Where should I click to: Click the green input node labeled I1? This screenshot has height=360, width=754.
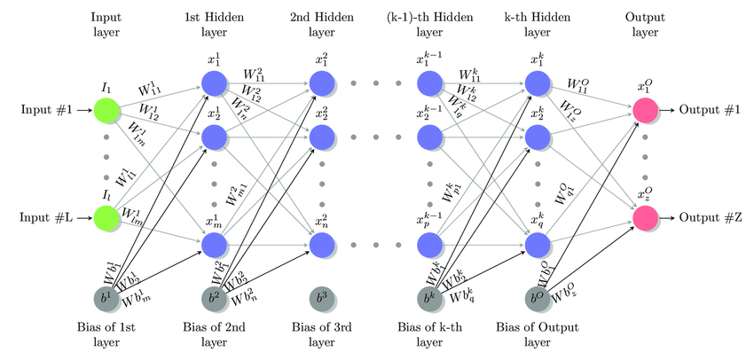[x=106, y=111]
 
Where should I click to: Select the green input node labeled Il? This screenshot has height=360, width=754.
[x=106, y=218]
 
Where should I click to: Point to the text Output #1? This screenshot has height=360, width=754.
[x=710, y=111]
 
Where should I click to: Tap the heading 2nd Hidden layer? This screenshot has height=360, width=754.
[x=322, y=26]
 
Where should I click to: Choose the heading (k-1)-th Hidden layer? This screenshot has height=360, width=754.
[x=429, y=26]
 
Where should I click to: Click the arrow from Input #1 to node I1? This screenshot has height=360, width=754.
[x=82, y=111]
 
